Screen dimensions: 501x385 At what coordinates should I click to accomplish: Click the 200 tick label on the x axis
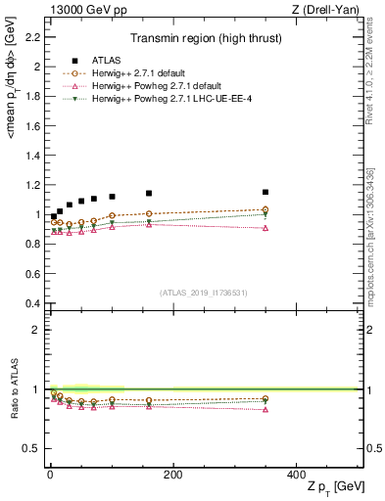pos(172,475)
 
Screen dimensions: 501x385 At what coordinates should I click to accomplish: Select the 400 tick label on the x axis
pos(296,475)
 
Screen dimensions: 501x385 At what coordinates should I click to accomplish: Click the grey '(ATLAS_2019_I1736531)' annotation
pos(203,293)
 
